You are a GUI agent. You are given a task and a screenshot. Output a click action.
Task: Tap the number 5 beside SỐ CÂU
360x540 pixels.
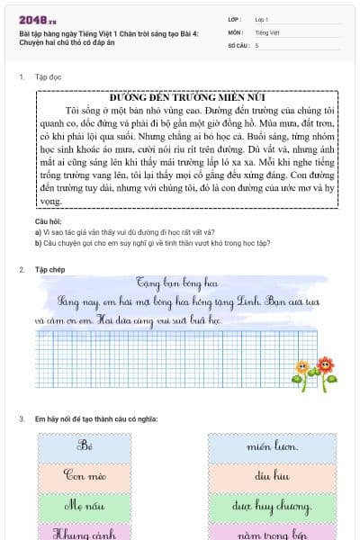click(257, 44)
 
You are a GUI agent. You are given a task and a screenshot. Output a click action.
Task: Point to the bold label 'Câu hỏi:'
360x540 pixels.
click(48, 220)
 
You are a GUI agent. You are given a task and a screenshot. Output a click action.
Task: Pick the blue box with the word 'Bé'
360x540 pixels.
click(86, 446)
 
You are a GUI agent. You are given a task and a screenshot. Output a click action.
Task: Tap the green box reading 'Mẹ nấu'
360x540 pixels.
click(86, 506)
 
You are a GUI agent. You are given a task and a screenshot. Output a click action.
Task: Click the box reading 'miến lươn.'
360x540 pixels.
click(272, 446)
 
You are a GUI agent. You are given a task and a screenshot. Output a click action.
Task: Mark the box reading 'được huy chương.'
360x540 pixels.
click(272, 506)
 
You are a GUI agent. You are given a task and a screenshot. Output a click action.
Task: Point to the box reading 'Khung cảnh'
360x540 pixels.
click(86, 533)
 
